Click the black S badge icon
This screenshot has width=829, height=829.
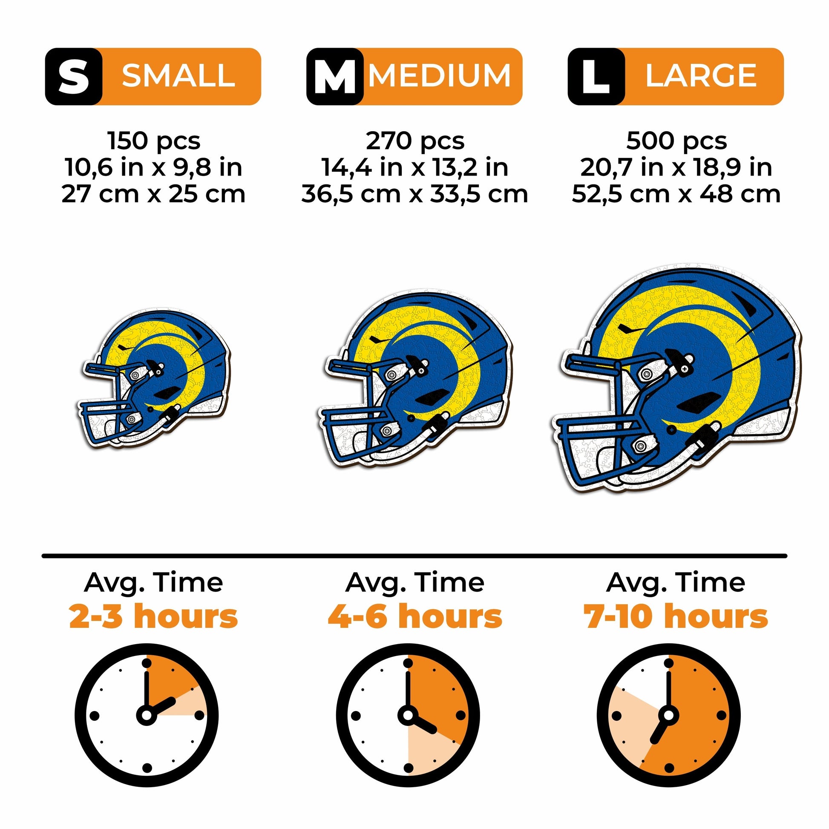pos(74,76)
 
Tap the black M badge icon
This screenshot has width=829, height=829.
pos(335,76)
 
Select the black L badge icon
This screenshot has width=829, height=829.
pos(596,76)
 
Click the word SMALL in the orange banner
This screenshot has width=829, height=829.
pos(178,76)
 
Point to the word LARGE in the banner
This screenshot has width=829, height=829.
pos(701,76)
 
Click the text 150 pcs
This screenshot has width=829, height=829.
pos(154,141)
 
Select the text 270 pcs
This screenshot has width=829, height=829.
pos(415,141)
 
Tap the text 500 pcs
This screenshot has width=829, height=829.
pos(676,141)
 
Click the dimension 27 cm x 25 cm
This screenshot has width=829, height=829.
pos(154,194)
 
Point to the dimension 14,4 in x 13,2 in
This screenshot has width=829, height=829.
pos(415,167)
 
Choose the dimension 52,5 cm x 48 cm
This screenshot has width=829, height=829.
pos(676,194)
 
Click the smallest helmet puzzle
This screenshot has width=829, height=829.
pos(155,377)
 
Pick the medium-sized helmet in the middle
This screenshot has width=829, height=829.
pos(416,377)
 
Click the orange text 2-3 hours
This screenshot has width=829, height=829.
pos(154,616)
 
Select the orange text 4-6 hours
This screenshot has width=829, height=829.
pos(415,616)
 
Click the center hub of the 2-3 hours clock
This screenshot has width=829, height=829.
pos(146,715)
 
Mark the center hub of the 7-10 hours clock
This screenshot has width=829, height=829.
pos(668,715)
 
